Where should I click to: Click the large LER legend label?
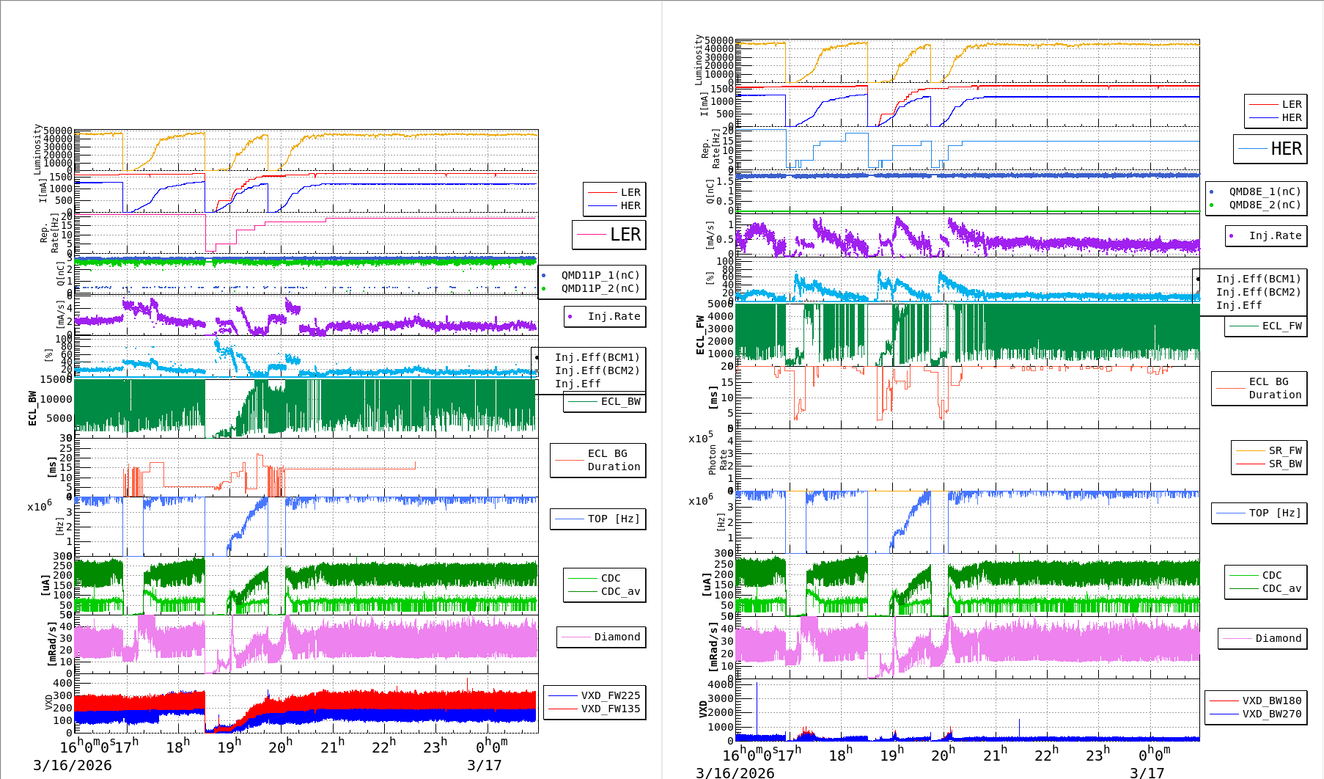pyautogui.click(x=625, y=235)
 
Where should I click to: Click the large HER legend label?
pyautogui.click(x=1286, y=149)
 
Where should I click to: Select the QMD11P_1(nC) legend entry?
pyautogui.click(x=600, y=275)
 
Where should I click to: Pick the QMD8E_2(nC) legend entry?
pyautogui.click(x=1265, y=205)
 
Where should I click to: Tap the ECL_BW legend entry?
pyautogui.click(x=620, y=401)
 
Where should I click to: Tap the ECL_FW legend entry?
pyautogui.click(x=1281, y=326)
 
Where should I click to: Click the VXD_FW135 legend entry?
pyautogui.click(x=610, y=709)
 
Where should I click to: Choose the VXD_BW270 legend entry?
pyautogui.click(x=1271, y=714)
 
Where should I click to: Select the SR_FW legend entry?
pyautogui.click(x=1285, y=450)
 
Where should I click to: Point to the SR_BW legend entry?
pyautogui.click(x=1285, y=464)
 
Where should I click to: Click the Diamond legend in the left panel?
pyautogui.click(x=617, y=637)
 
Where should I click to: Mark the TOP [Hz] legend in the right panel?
pyautogui.click(x=1275, y=513)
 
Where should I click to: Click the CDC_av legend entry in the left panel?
pyautogui.click(x=620, y=591)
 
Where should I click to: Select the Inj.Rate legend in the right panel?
pyautogui.click(x=1275, y=235)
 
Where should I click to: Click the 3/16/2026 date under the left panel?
pyautogui.click(x=73, y=765)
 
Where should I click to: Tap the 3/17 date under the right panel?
pyautogui.click(x=1147, y=772)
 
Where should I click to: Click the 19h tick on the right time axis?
pyautogui.click(x=892, y=755)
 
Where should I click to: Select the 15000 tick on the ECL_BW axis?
pyautogui.click(x=56, y=379)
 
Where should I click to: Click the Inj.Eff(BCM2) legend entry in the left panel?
pyautogui.click(x=597, y=370)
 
